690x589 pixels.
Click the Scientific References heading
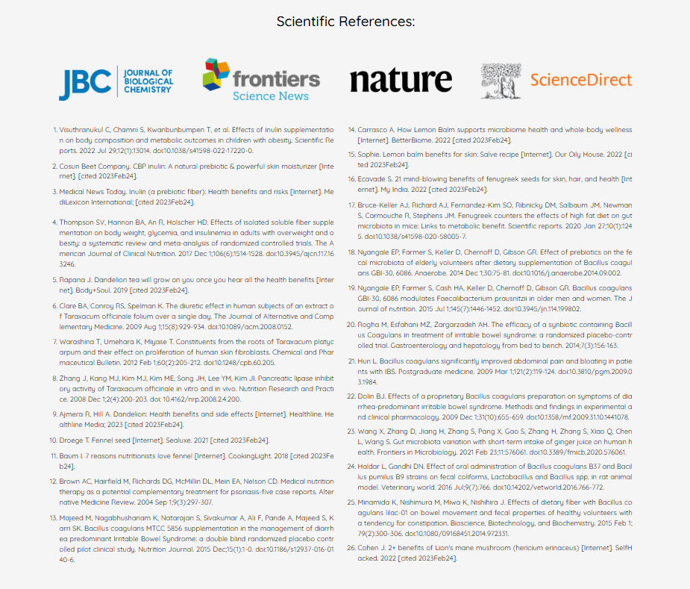click(345, 21)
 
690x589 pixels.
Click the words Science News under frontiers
click(270, 96)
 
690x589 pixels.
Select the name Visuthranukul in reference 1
click(84, 130)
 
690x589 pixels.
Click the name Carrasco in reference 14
click(374, 130)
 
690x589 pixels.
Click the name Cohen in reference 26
click(370, 549)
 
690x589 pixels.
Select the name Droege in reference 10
click(73, 440)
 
